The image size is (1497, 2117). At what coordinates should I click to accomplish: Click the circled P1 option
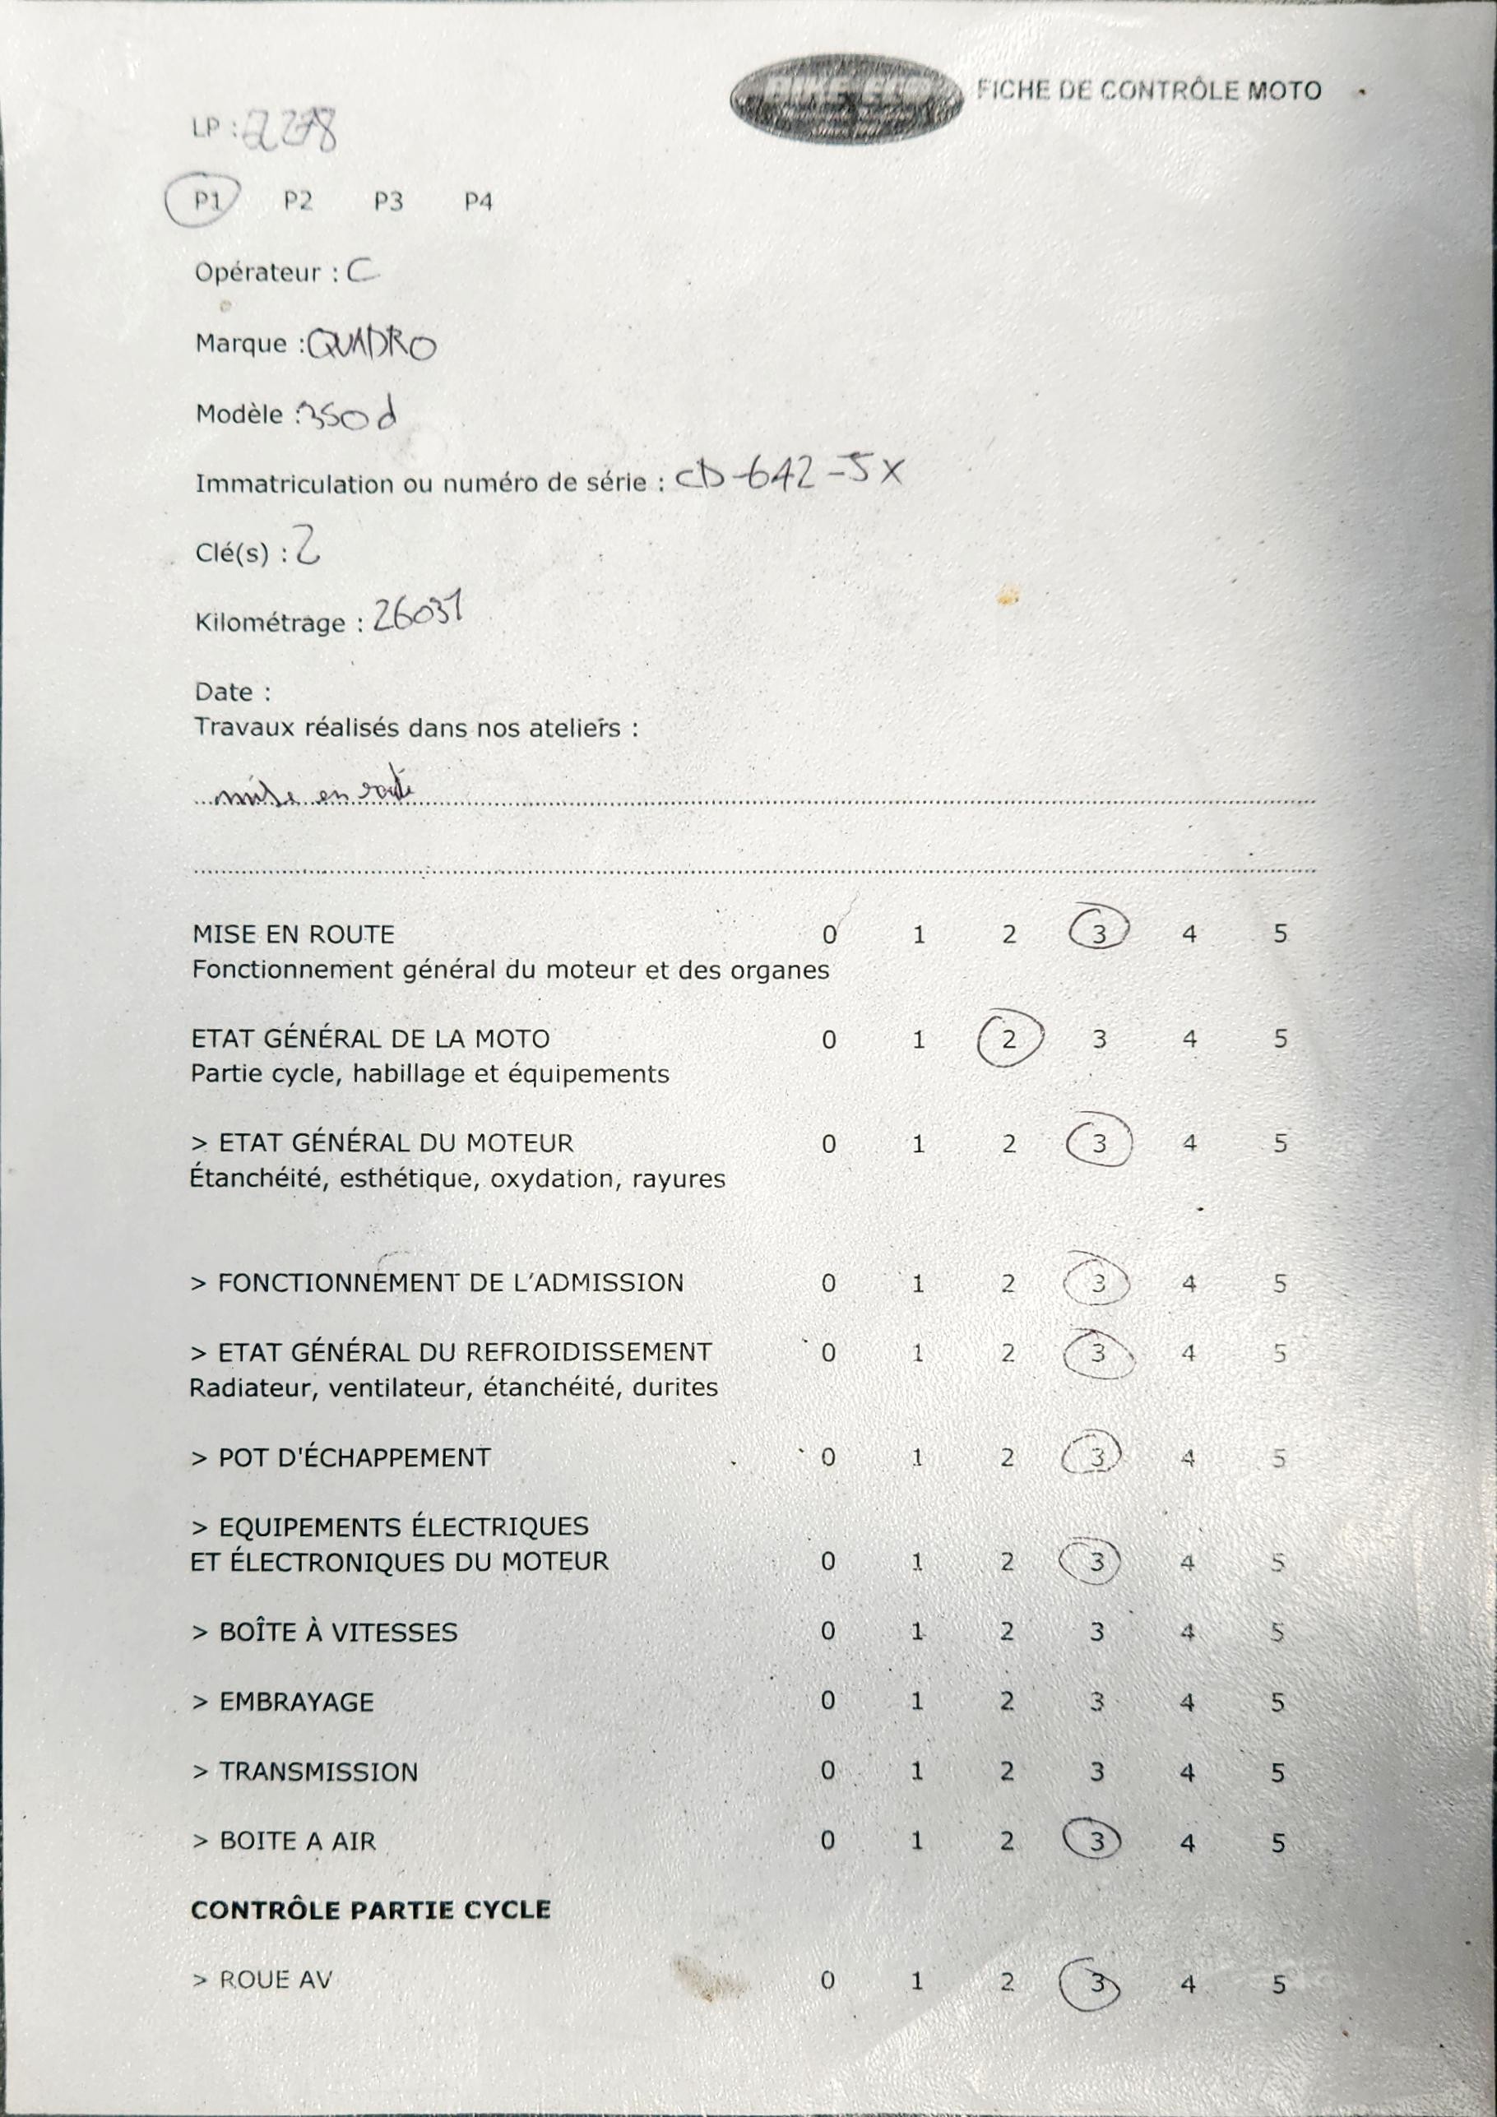click(205, 200)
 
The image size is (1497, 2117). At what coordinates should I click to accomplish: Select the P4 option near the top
click(478, 202)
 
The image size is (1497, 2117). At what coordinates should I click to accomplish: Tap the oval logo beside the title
click(846, 98)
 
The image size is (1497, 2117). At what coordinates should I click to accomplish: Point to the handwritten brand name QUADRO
click(372, 345)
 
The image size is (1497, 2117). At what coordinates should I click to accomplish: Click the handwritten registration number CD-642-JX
click(790, 474)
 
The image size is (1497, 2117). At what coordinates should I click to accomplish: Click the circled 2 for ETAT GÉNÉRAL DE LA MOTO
click(1009, 1039)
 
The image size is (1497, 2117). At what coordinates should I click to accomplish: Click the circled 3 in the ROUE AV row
click(1095, 1982)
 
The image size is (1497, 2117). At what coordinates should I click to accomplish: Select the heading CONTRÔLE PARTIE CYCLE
click(371, 1910)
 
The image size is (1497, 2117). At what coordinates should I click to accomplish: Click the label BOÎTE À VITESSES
click(337, 1632)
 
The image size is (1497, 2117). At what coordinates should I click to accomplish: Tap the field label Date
click(224, 692)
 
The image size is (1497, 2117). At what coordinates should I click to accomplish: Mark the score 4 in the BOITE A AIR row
click(1187, 1842)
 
